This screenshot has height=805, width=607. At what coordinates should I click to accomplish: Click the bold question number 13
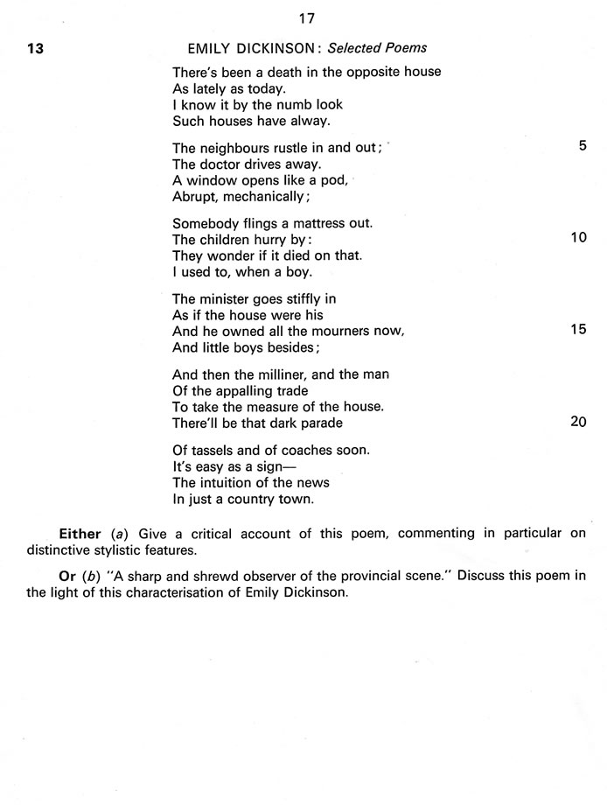point(35,48)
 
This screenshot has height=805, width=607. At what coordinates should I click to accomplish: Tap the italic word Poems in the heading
point(405,48)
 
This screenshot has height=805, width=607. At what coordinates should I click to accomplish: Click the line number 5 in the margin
point(583,146)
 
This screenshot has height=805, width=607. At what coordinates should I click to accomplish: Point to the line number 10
point(578,237)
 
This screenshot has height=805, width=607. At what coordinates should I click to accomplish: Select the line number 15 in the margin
point(578,330)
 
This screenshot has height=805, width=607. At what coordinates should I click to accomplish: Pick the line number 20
point(578,422)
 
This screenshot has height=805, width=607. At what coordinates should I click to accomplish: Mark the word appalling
point(234,391)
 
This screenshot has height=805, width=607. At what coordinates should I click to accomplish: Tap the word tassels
point(213,450)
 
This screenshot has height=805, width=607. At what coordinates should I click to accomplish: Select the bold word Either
point(80,532)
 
